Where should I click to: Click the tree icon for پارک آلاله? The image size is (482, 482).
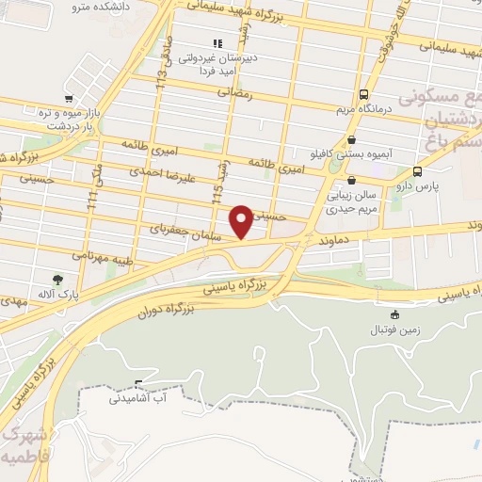click(56, 279)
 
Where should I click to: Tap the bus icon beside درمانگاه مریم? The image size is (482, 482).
click(364, 94)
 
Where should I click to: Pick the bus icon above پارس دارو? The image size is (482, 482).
click(417, 172)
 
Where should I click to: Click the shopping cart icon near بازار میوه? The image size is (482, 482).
click(67, 98)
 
